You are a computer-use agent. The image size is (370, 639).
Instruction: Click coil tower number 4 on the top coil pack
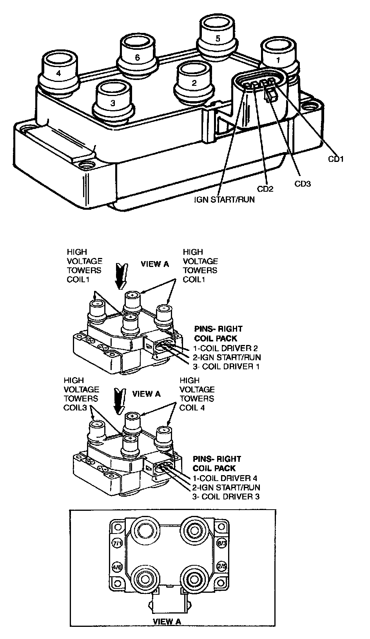(x=58, y=73)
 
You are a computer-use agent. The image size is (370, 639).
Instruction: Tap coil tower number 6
(x=137, y=57)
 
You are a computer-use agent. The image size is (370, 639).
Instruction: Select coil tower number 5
(x=218, y=38)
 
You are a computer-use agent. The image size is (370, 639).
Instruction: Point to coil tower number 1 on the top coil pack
(x=278, y=60)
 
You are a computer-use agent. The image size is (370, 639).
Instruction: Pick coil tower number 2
(x=194, y=83)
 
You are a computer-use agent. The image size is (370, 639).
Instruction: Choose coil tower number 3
(x=113, y=103)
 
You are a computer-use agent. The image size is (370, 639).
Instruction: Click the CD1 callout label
(x=336, y=159)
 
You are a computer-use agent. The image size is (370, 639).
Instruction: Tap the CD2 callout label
(x=265, y=189)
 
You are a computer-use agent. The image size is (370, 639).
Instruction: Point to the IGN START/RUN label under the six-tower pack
(x=225, y=200)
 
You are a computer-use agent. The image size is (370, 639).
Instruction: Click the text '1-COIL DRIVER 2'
(x=225, y=348)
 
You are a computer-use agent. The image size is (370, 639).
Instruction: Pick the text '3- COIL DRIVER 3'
(x=225, y=496)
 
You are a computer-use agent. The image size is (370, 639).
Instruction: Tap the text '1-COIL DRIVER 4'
(x=225, y=478)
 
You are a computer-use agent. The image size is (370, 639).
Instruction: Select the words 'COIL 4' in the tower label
(x=192, y=408)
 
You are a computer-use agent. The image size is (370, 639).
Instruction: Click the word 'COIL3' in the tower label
(x=74, y=408)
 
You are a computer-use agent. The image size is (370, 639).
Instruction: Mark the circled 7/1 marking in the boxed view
(x=117, y=543)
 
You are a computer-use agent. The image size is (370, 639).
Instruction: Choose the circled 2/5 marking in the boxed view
(x=221, y=567)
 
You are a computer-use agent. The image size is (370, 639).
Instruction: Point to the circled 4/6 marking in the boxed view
(x=117, y=567)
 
